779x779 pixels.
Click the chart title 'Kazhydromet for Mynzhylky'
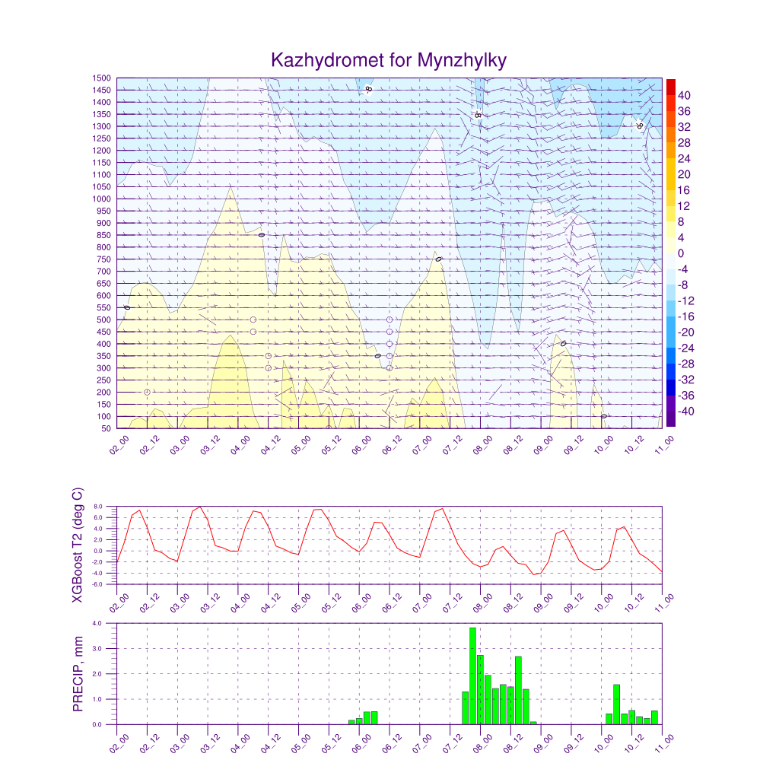(x=389, y=60)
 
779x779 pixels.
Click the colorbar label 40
(x=684, y=95)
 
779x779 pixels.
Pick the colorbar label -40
(x=685, y=412)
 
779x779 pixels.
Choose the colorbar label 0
(x=680, y=253)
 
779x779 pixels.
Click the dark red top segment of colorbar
(x=671, y=86)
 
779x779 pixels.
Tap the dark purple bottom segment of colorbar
(x=671, y=418)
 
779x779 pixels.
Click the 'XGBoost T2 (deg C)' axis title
(x=78, y=545)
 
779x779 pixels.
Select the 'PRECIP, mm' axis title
(x=78, y=674)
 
